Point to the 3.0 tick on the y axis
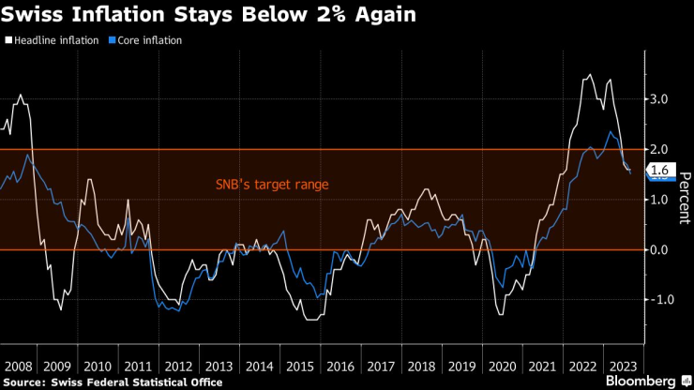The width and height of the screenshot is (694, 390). [658, 99]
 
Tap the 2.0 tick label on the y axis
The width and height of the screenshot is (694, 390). [658, 149]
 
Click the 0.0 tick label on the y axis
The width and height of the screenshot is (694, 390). [658, 249]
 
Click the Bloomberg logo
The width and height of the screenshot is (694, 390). [642, 382]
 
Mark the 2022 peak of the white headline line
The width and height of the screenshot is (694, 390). [589, 75]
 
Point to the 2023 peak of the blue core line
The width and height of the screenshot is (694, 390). [611, 132]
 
